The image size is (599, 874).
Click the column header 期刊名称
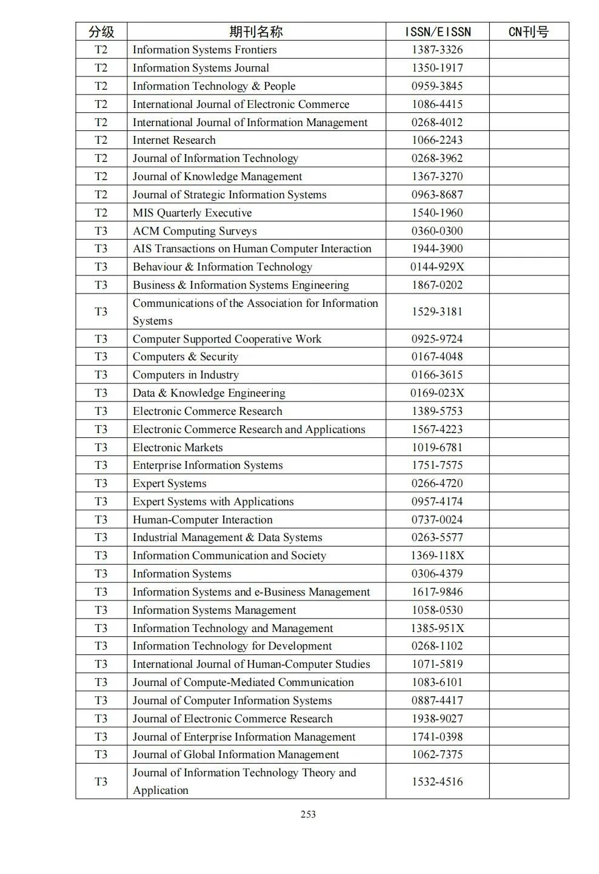tap(255, 32)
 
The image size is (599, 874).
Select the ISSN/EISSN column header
tap(437, 32)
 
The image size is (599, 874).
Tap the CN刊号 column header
tap(528, 32)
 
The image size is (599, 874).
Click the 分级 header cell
tap(101, 32)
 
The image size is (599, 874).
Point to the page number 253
tap(308, 814)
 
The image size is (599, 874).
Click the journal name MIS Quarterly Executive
tap(192, 213)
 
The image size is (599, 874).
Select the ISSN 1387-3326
tap(437, 50)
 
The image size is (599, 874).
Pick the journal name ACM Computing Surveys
tap(195, 231)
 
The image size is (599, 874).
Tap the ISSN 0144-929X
tap(437, 267)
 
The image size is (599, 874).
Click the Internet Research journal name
tap(174, 140)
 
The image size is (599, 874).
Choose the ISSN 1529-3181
tap(437, 312)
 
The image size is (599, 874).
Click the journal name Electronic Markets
tap(178, 448)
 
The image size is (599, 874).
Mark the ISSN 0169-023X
tap(437, 393)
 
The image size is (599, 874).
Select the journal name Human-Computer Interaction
tap(202, 520)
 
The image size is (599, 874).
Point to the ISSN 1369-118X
tap(437, 556)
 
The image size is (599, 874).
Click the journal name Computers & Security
tap(186, 357)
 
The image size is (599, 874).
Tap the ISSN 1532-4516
tap(437, 781)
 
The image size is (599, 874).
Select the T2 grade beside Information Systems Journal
tap(101, 68)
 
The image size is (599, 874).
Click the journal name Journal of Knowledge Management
tap(217, 176)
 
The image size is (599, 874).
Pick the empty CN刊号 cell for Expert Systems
tap(528, 483)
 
